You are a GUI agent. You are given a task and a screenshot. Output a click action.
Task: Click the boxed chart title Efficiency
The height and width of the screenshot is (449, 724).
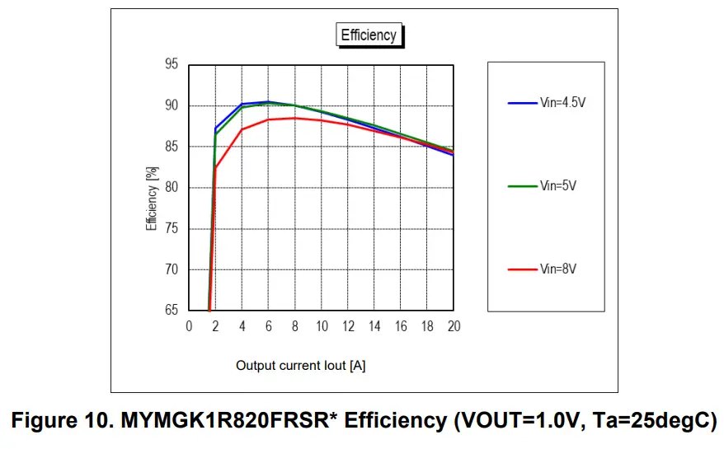(x=369, y=35)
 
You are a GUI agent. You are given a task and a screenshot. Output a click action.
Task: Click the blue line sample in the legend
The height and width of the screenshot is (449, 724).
(x=523, y=103)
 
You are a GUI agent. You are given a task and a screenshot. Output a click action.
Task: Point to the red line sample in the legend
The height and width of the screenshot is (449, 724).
(x=523, y=269)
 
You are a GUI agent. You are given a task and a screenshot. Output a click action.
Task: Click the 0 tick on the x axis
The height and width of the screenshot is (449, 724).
(x=189, y=326)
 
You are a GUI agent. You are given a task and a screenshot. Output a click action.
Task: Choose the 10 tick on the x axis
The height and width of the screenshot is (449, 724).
(x=322, y=326)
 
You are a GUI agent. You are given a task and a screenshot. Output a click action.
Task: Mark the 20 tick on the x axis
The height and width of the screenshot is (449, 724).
(x=454, y=326)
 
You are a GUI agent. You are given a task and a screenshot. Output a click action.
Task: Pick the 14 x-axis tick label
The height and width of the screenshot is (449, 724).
(x=374, y=326)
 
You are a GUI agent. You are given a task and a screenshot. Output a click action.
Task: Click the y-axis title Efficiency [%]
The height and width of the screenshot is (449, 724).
(x=152, y=199)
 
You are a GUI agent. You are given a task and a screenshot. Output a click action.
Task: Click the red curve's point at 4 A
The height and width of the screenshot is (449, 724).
(x=242, y=129)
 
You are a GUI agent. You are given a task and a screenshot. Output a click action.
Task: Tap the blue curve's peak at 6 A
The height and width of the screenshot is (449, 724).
(x=268, y=102)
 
